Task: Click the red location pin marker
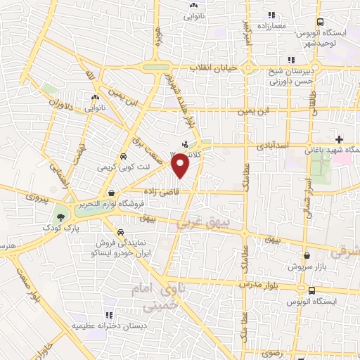[181, 165]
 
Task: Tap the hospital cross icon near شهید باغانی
[340, 140]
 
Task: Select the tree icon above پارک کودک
[61, 217]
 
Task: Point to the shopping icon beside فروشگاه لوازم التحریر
[110, 193]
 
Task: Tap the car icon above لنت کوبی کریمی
[124, 157]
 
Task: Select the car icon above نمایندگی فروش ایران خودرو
[120, 232]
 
